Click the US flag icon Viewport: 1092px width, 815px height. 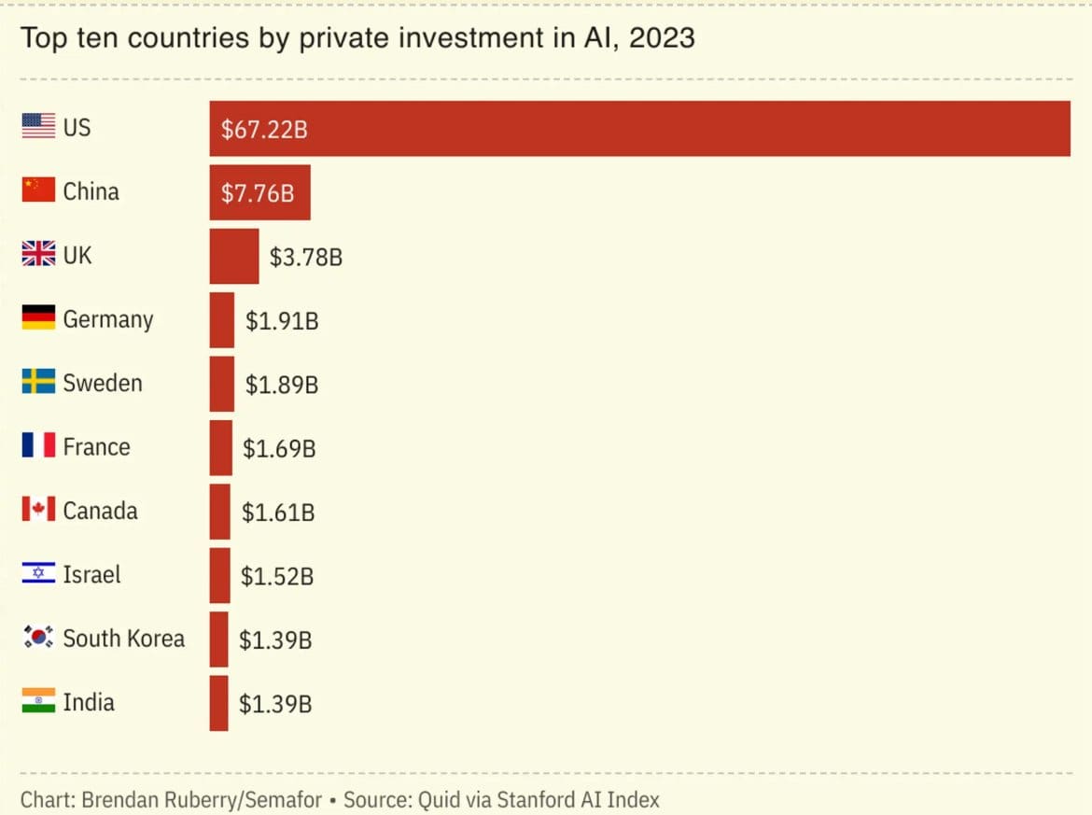[x=38, y=127]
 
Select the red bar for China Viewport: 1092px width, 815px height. [x=259, y=192]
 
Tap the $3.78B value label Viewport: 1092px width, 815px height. [x=305, y=257]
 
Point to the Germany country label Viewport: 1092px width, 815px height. [x=107, y=319]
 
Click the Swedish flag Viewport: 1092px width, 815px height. [x=38, y=382]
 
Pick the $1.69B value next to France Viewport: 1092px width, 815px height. [x=279, y=449]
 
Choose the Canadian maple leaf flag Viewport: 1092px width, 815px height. [x=38, y=510]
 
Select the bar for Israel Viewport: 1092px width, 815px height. [x=219, y=575]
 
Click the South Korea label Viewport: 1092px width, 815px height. [x=123, y=639]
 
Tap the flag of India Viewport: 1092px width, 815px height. [x=38, y=701]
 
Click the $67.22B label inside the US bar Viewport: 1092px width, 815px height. [x=264, y=129]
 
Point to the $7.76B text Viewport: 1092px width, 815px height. [x=258, y=193]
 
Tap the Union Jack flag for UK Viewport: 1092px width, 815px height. [x=38, y=254]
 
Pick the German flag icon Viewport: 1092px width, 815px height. [x=38, y=317]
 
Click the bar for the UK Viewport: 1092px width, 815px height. [x=233, y=256]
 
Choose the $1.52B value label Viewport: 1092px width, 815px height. [x=277, y=577]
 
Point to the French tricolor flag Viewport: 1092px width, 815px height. [x=38, y=445]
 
